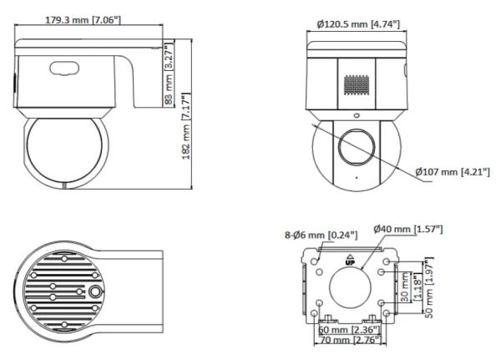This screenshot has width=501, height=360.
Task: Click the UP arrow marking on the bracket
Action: click(x=351, y=260)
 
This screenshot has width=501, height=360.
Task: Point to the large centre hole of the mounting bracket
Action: click(x=351, y=287)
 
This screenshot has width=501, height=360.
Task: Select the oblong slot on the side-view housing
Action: click(x=63, y=69)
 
